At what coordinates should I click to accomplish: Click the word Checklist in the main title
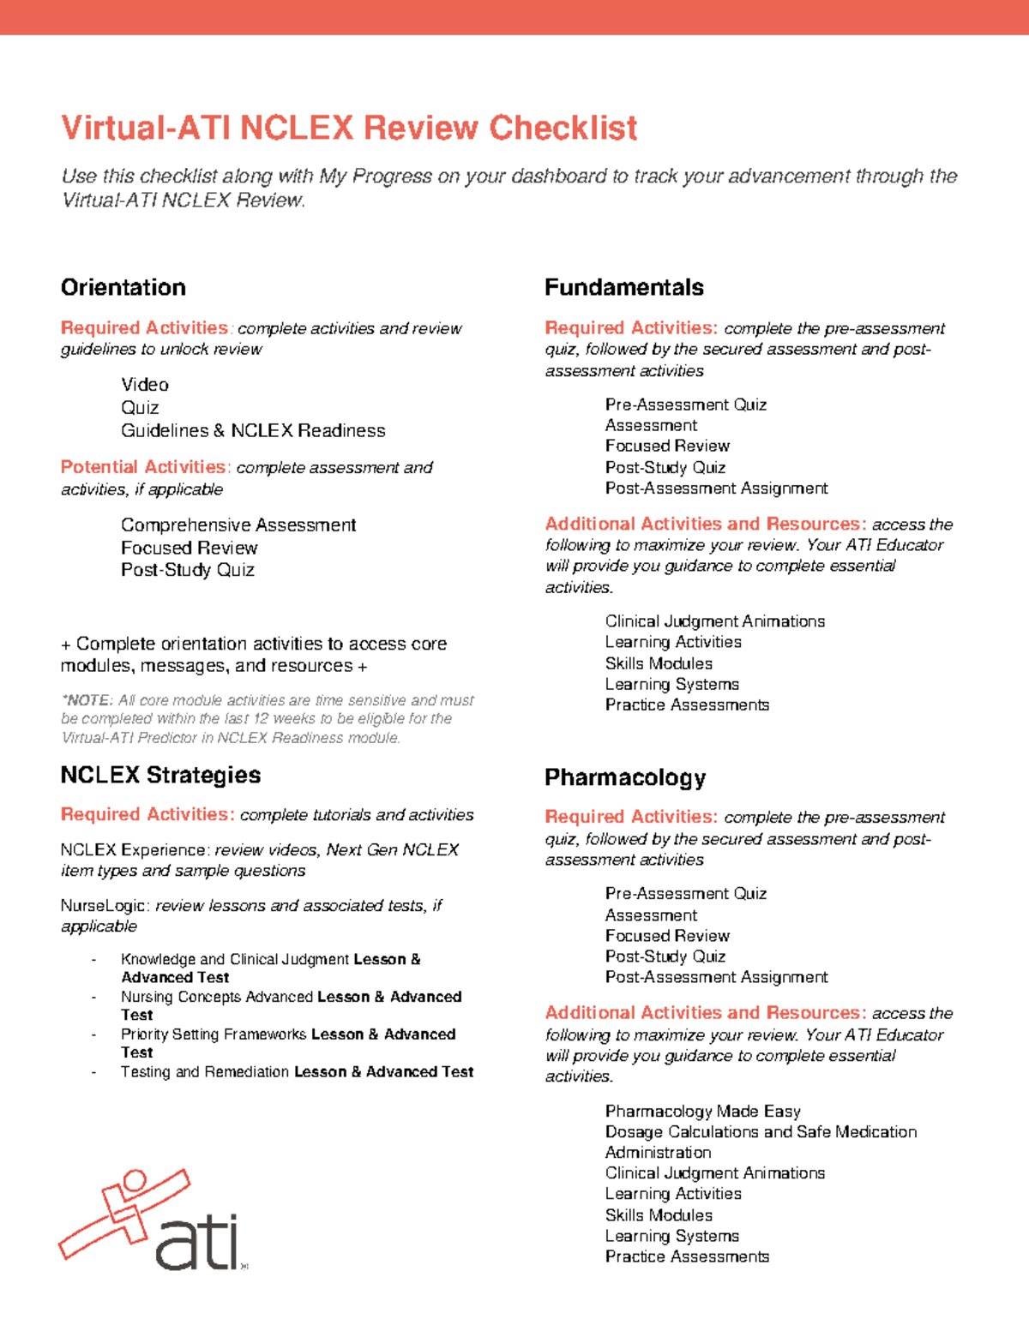pyautogui.click(x=563, y=128)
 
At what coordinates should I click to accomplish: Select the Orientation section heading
pyautogui.click(x=123, y=287)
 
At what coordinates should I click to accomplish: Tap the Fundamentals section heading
pyautogui.click(x=623, y=287)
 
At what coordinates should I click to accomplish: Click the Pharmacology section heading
pyautogui.click(x=624, y=777)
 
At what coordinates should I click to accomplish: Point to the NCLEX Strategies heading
pyautogui.click(x=160, y=775)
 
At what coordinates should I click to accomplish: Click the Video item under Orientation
pyautogui.click(x=144, y=385)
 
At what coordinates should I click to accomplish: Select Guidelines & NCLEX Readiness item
pyautogui.click(x=253, y=430)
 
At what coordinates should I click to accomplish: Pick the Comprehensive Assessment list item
pyautogui.click(x=238, y=525)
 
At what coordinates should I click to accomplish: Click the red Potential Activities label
pyautogui.click(x=144, y=467)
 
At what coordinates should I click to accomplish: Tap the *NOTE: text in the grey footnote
pyautogui.click(x=87, y=700)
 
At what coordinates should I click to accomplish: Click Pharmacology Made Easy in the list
pyautogui.click(x=702, y=1112)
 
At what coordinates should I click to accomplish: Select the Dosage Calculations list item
pyautogui.click(x=760, y=1132)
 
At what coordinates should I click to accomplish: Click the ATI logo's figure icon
pyautogui.click(x=124, y=1210)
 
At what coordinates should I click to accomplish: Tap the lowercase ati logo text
pyautogui.click(x=196, y=1243)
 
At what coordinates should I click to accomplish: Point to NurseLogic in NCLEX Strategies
pyautogui.click(x=102, y=906)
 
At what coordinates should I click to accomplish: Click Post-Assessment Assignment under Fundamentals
pyautogui.click(x=716, y=489)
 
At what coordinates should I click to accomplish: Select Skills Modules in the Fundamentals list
pyautogui.click(x=658, y=663)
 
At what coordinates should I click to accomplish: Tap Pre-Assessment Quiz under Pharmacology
pyautogui.click(x=685, y=894)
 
